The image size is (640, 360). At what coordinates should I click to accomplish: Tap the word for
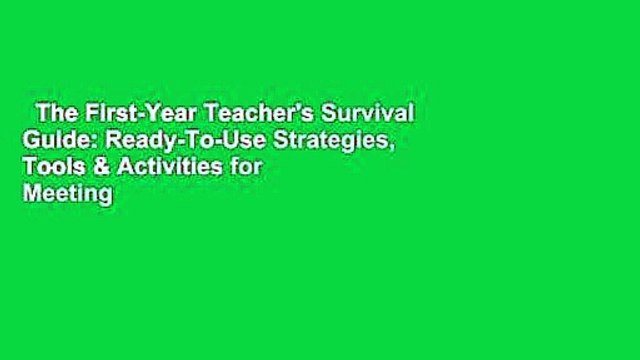(236, 167)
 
